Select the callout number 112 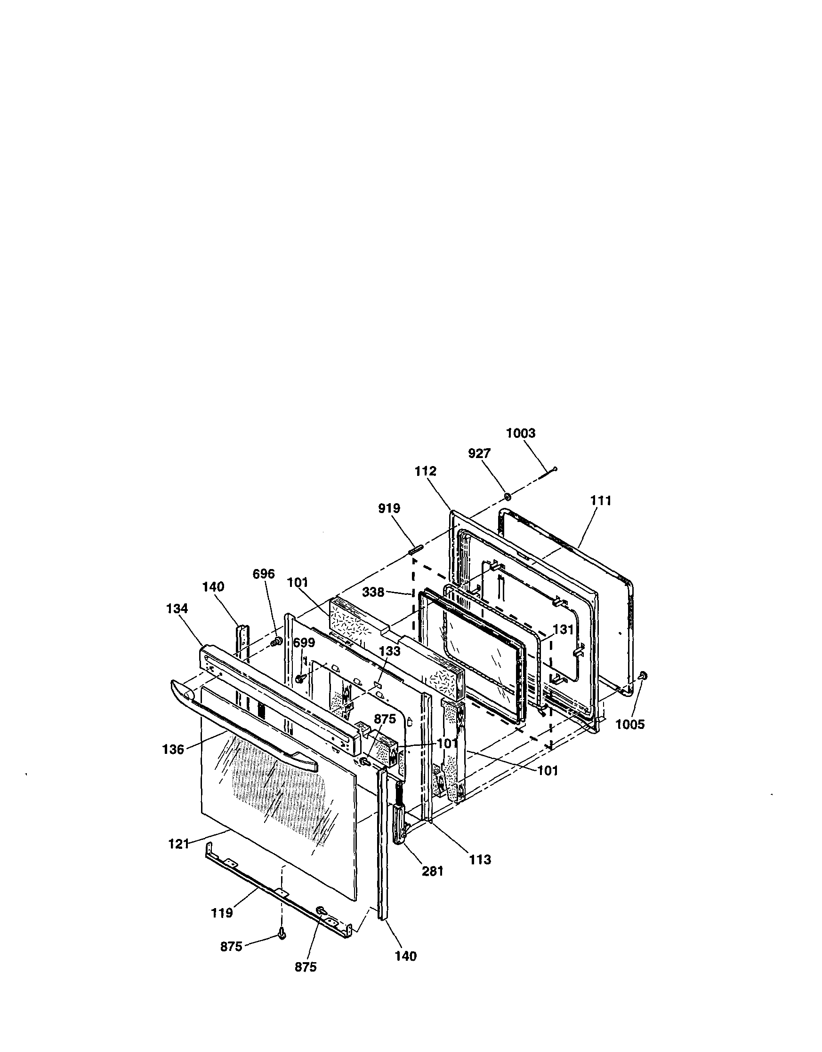click(x=425, y=471)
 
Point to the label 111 click(x=601, y=501)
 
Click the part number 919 click(x=389, y=508)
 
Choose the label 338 click(x=373, y=592)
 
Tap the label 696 click(x=264, y=574)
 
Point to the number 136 click(x=173, y=750)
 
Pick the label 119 click(x=222, y=913)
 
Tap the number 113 click(x=480, y=859)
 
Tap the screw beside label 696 click(x=278, y=641)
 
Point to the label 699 click(x=304, y=643)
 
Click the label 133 click(x=389, y=651)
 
